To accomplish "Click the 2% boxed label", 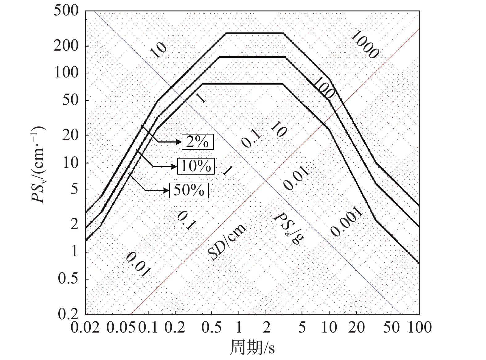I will [x=197, y=142].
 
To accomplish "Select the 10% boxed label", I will [x=196, y=166].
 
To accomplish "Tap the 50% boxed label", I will [x=189, y=190].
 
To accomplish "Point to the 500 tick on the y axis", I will [x=66, y=11].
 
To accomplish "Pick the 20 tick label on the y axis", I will [x=70, y=135].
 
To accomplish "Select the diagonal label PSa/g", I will [x=289, y=228].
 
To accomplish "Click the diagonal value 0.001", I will [x=346, y=221].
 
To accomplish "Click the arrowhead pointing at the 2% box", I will [x=179, y=142].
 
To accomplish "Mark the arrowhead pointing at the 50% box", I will [x=167, y=190].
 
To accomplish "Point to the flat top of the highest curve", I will [x=255, y=33].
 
